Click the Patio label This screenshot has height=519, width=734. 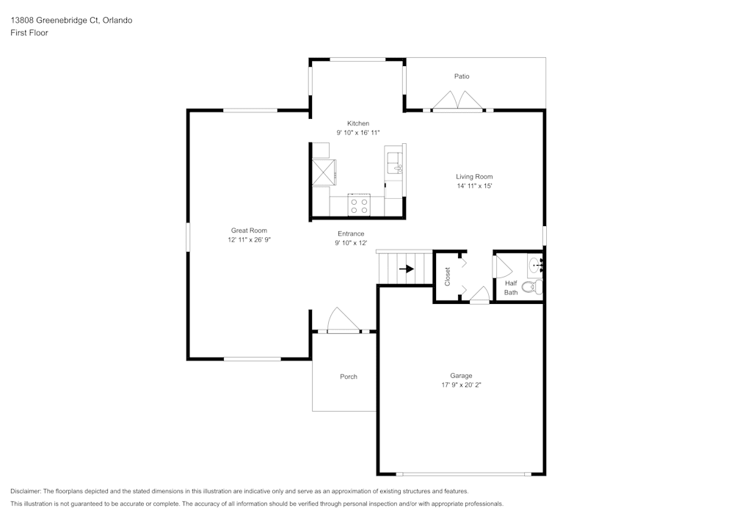click(462, 76)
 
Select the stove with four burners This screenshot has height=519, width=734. click(359, 206)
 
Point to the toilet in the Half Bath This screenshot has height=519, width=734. click(531, 286)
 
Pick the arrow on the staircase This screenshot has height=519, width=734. click(407, 269)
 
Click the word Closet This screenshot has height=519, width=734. click(447, 277)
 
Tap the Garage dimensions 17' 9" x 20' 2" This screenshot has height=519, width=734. click(461, 385)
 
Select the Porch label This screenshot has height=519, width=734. click(348, 377)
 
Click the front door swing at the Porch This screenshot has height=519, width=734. click(343, 320)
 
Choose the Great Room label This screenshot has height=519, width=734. click(249, 231)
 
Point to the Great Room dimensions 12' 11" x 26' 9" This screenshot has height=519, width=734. click(250, 239)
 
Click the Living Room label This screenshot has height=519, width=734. click(474, 176)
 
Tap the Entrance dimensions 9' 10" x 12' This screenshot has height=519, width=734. click(351, 243)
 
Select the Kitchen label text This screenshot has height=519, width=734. click(358, 123)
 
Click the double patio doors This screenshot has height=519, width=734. click(457, 101)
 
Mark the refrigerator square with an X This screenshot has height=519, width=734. click(324, 172)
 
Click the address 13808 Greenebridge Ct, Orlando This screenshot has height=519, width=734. click(71, 20)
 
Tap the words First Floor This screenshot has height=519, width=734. click(29, 33)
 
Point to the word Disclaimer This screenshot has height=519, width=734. click(26, 491)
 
